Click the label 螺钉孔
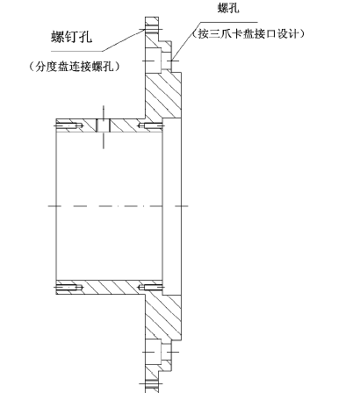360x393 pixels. click(x=72, y=37)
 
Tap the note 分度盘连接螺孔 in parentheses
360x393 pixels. click(x=75, y=67)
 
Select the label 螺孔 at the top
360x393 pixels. click(x=228, y=8)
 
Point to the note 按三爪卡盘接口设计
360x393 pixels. click(x=248, y=34)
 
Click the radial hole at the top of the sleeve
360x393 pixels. click(x=104, y=125)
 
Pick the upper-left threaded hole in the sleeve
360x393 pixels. click(x=69, y=126)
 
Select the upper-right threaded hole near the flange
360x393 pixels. click(x=151, y=126)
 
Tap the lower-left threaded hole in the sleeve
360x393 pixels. click(x=69, y=288)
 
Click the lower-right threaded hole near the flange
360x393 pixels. click(x=151, y=288)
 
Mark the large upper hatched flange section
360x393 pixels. click(x=163, y=95)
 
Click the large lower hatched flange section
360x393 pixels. click(x=163, y=318)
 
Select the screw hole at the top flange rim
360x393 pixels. click(x=152, y=29)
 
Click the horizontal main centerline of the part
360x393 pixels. click(x=119, y=206)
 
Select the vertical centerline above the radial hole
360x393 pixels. click(x=104, y=112)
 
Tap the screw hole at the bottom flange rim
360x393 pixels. click(x=152, y=383)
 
